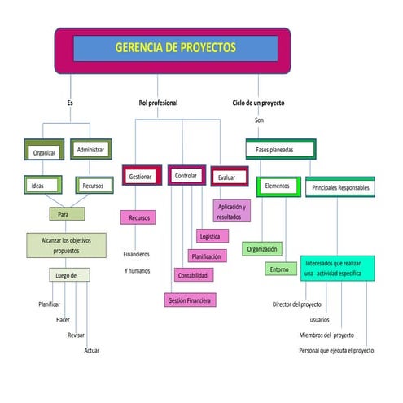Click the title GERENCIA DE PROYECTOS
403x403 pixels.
pyautogui.click(x=175, y=48)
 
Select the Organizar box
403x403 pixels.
pyautogui.click(x=44, y=151)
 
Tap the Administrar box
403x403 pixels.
pyautogui.click(x=90, y=150)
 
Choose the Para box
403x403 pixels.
pyautogui.click(x=66, y=213)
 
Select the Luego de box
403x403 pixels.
pyautogui.click(x=67, y=275)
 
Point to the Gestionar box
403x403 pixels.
pyautogui.click(x=142, y=176)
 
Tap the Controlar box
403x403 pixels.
pyautogui.click(x=186, y=175)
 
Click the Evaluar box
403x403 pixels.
pyautogui.click(x=228, y=177)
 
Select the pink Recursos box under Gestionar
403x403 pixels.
pyautogui.click(x=138, y=217)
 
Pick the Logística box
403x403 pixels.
pyautogui.click(x=210, y=236)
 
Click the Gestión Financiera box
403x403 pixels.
pyautogui.click(x=190, y=300)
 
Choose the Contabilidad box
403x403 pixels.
pyautogui.click(x=194, y=275)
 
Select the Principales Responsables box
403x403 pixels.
pyautogui.click(x=340, y=188)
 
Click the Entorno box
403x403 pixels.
pyautogui.click(x=280, y=269)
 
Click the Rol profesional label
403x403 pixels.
pyautogui.click(x=158, y=103)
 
